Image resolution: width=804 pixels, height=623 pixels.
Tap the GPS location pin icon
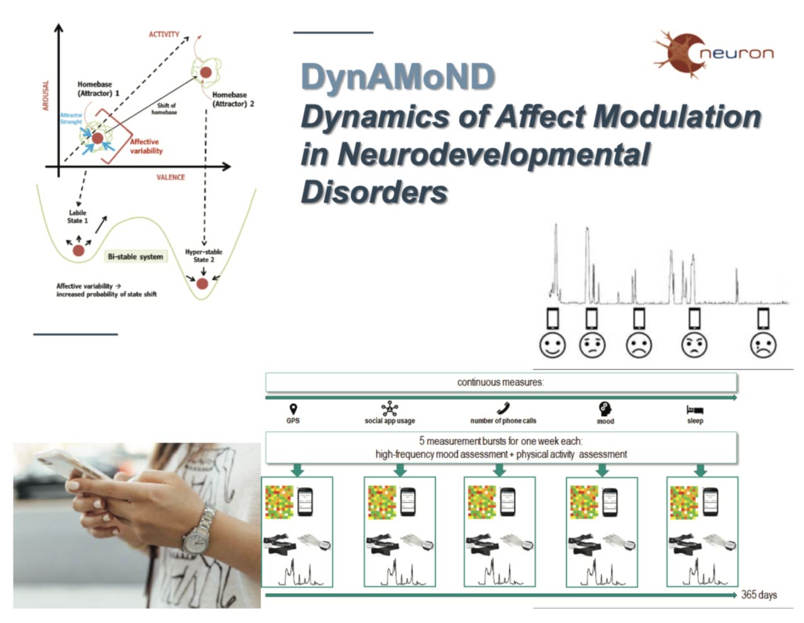point(293,409)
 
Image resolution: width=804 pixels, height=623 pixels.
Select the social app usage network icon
point(390,408)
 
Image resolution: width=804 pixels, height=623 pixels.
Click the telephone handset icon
point(503,409)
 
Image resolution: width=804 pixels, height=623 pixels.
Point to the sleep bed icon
point(695,409)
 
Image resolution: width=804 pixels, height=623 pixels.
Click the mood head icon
point(604,408)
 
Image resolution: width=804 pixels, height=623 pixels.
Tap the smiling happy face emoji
point(553,345)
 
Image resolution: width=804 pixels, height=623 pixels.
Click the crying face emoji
point(763,345)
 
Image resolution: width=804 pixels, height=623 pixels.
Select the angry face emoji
point(694,345)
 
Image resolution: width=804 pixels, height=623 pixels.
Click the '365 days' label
point(759,595)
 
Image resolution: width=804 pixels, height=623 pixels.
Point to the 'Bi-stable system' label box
point(135,257)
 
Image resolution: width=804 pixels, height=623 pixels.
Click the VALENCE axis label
point(171,178)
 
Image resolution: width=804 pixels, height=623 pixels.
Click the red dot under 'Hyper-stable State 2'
point(202,283)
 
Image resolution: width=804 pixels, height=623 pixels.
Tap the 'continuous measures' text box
point(501,382)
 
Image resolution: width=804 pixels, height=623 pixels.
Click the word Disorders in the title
point(375,191)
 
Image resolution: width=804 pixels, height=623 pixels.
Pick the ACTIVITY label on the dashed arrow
point(164,34)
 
